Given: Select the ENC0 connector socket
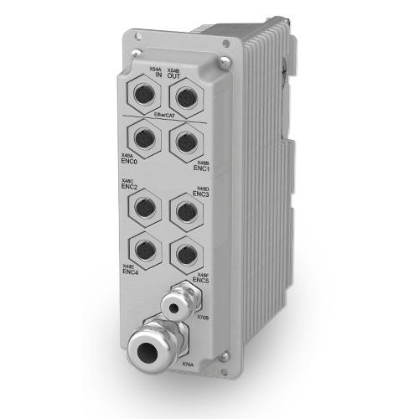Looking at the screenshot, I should pos(142,136).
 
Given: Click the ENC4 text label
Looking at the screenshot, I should pos(130,271).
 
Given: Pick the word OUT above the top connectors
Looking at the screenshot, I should pos(173,76).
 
